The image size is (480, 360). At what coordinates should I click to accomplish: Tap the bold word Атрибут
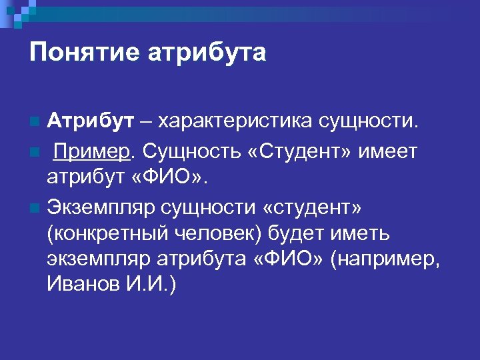pos(90,122)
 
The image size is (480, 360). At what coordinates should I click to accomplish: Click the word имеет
pos(388,151)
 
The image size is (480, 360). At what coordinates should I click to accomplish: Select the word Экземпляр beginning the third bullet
pos(100,208)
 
